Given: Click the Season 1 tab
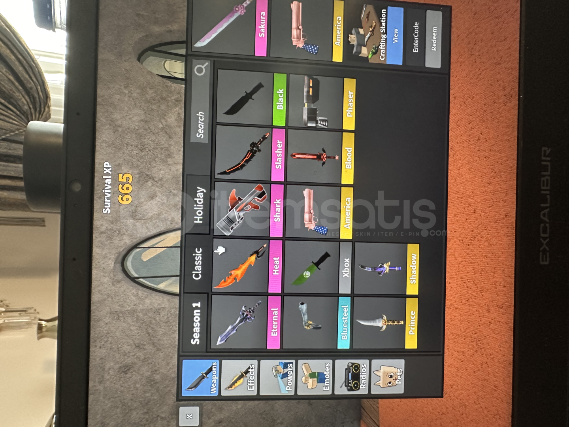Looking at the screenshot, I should (196, 323).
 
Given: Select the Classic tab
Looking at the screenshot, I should (197, 264).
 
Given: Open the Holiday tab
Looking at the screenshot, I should (199, 205).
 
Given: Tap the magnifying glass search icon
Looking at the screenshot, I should (201, 69).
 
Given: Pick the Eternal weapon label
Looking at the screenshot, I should (274, 322).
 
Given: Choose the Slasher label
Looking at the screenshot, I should (279, 155).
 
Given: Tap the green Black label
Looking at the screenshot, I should (280, 99).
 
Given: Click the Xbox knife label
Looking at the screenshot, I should (345, 267).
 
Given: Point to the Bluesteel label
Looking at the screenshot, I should (344, 322).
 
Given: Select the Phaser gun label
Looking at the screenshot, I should (349, 104).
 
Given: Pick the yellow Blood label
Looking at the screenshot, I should (348, 158).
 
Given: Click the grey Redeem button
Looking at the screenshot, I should (433, 38).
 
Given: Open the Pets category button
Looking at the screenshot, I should (388, 376).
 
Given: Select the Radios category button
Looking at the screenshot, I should (351, 376).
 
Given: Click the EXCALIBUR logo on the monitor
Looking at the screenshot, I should (545, 205).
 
